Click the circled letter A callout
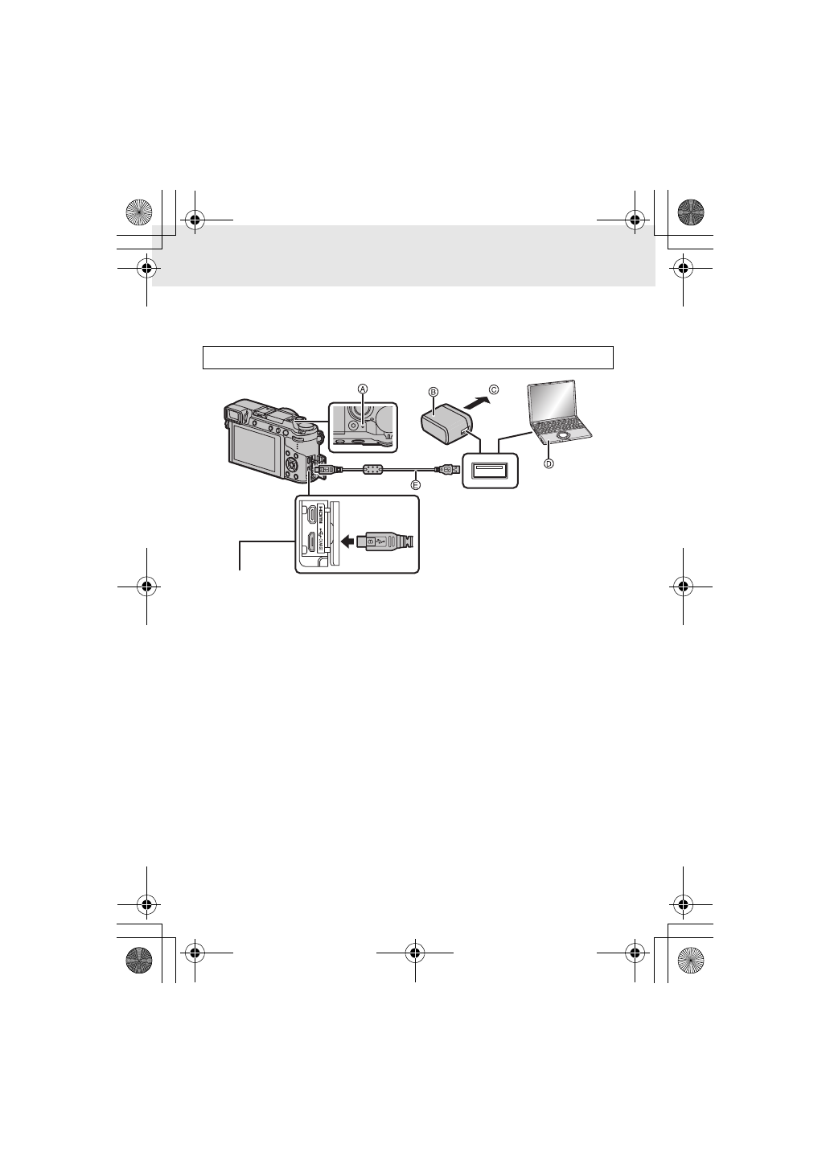pos(363,389)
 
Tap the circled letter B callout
pos(433,392)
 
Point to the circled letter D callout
pos(549,463)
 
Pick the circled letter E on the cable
pos(416,485)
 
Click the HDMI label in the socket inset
pos(319,511)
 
